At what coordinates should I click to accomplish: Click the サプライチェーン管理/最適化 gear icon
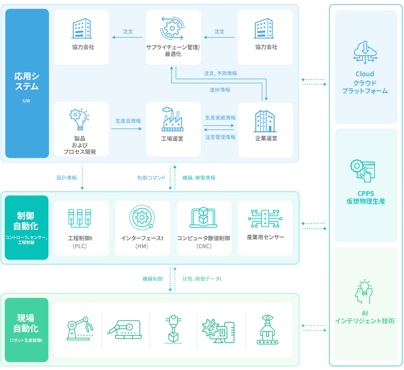[x=172, y=28]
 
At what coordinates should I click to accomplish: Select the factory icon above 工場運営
[x=172, y=119]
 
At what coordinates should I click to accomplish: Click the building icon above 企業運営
[x=265, y=121]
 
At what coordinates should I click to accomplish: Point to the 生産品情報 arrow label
[x=128, y=121]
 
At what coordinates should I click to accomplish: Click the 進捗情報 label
[x=220, y=90]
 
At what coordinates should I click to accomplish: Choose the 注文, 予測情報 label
[x=221, y=73]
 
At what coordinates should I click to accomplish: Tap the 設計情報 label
[x=67, y=178]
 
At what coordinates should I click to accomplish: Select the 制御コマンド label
[x=151, y=178]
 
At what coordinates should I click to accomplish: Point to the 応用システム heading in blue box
[x=26, y=81]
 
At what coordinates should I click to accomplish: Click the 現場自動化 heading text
[x=26, y=324]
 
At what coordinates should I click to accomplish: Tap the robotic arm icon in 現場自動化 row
[x=80, y=329]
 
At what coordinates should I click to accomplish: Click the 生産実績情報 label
[x=221, y=118]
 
